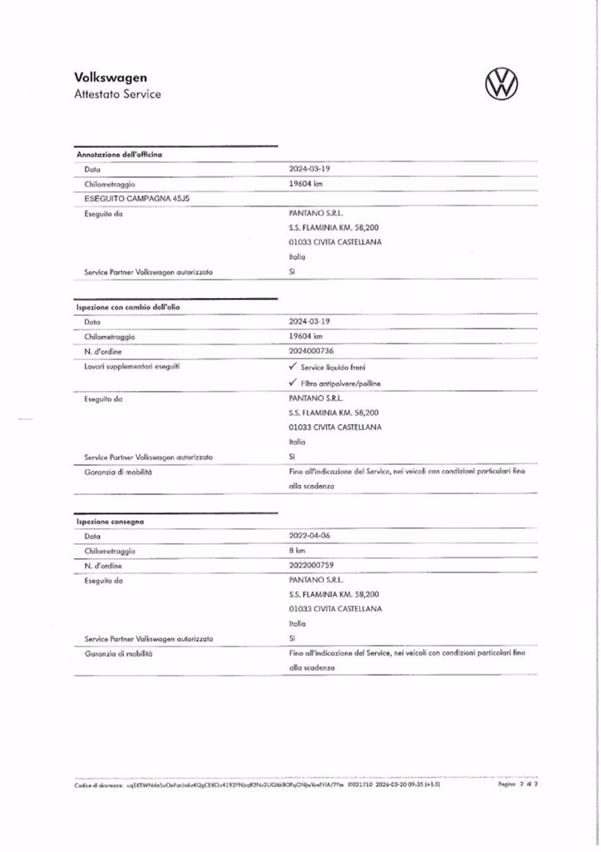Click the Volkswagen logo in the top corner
(500, 84)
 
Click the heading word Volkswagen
(111, 77)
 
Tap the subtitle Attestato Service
(117, 94)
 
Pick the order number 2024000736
(311, 352)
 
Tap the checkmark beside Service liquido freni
(293, 367)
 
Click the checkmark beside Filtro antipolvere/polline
(293, 383)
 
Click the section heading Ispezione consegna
(110, 521)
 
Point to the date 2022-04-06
(309, 536)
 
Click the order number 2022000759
(311, 566)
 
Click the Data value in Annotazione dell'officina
(309, 168)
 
